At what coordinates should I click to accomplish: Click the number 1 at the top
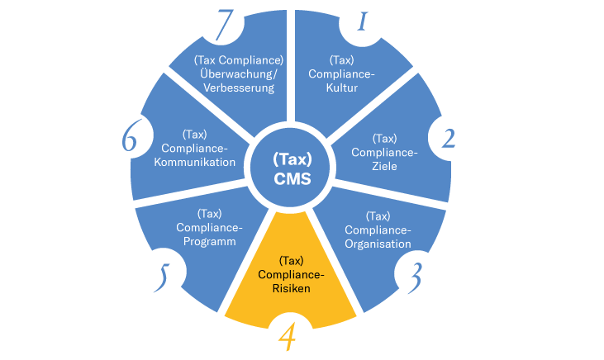click(361, 22)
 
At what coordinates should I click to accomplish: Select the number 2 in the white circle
click(449, 137)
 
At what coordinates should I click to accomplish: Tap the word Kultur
click(342, 88)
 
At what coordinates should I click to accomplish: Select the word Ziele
click(385, 165)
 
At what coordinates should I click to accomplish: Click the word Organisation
click(378, 244)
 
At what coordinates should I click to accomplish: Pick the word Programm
click(209, 241)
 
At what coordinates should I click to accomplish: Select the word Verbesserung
click(238, 88)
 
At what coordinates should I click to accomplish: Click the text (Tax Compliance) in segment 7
click(238, 59)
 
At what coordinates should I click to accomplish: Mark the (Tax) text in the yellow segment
click(291, 260)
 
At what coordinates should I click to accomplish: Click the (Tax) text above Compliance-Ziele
click(385, 138)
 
